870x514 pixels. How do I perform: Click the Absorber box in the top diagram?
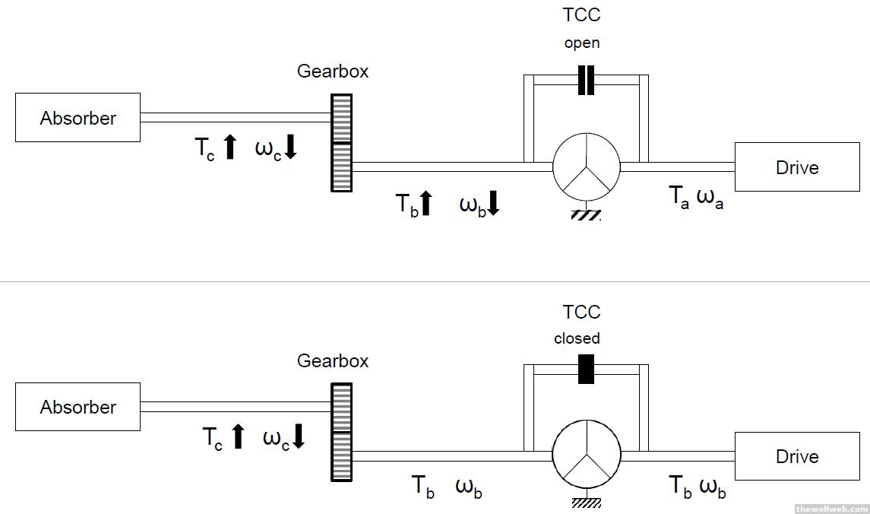pos(78,118)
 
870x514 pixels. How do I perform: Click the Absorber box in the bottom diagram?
pos(78,407)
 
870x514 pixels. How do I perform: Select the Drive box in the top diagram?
pos(796,167)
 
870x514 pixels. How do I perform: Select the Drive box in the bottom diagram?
pos(796,456)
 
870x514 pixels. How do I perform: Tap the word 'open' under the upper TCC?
pos(582,43)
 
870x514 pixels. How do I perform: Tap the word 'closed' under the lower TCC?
pos(577,338)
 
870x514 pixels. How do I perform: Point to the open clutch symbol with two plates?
pos(586,81)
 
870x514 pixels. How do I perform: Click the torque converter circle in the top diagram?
pos(586,167)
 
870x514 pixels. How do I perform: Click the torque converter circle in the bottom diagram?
pos(586,456)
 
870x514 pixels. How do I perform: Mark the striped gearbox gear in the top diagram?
pos(341,142)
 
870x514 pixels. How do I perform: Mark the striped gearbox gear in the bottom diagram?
pos(341,432)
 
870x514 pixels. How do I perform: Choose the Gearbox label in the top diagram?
pos(333,71)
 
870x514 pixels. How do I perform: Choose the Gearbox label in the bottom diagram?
pos(333,360)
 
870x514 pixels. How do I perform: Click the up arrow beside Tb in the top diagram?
pos(426,203)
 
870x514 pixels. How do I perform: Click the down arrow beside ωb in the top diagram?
pos(492,203)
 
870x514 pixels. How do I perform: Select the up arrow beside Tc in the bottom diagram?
pos(238,436)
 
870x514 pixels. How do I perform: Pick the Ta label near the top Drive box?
pos(679,197)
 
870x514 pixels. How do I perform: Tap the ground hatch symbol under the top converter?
pos(586,215)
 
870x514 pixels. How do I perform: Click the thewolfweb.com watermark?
pos(830,508)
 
